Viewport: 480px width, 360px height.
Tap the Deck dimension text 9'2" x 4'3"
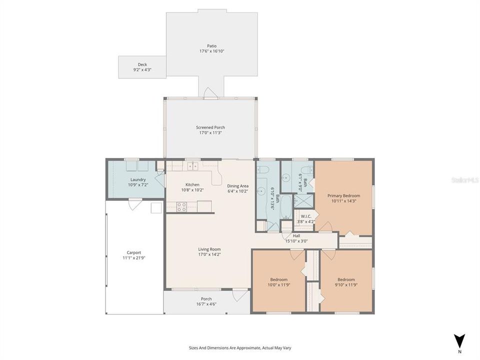(x=142, y=70)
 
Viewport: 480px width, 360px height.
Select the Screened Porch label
(x=210, y=127)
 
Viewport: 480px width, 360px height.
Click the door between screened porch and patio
(x=210, y=92)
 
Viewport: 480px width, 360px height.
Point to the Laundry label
(x=138, y=179)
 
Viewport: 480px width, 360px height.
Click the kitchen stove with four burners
(x=181, y=206)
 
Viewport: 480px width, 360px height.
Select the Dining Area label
(x=237, y=185)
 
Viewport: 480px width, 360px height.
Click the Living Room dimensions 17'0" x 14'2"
(x=209, y=254)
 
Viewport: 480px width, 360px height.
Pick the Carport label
(x=134, y=252)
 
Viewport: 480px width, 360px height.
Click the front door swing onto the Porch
(x=240, y=295)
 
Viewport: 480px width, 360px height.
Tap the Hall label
(x=296, y=235)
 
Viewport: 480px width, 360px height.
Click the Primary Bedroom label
(x=343, y=195)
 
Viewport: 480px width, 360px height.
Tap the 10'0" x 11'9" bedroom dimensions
(x=278, y=285)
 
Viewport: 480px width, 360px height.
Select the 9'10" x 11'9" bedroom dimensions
(x=346, y=285)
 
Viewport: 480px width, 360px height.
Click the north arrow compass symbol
(x=459, y=340)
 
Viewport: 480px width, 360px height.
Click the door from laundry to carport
(x=134, y=203)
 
